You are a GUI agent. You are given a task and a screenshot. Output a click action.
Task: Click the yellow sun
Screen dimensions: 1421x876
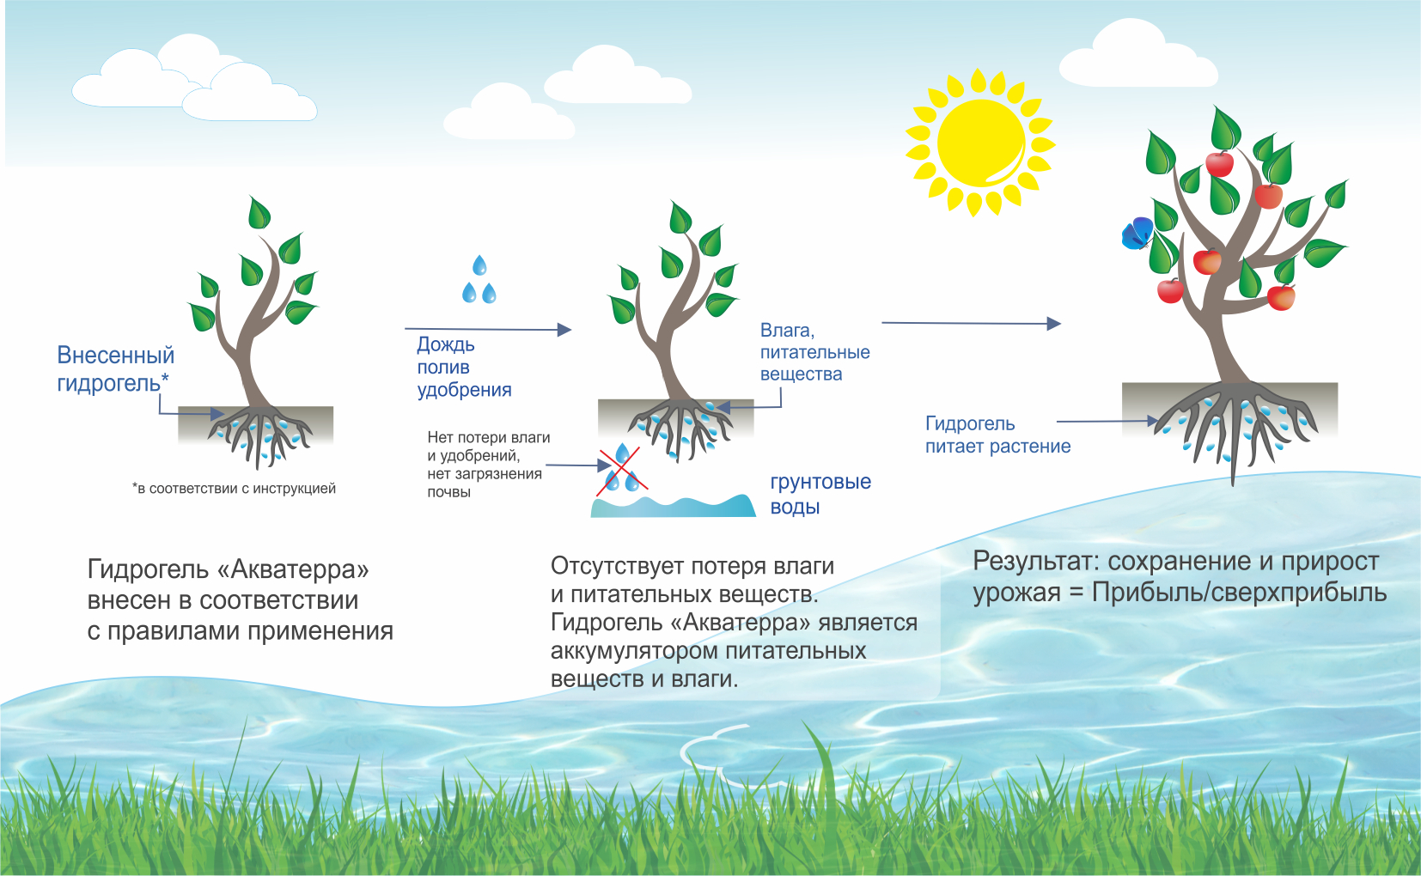click(980, 142)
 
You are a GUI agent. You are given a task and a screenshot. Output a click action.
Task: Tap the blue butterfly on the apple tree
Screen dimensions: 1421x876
click(1137, 234)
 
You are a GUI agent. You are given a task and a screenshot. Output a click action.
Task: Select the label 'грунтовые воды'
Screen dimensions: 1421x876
click(820, 494)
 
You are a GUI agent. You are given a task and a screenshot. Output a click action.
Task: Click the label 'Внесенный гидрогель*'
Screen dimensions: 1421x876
click(115, 368)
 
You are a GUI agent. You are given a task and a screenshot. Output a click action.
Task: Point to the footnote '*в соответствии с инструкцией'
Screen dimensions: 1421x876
click(234, 489)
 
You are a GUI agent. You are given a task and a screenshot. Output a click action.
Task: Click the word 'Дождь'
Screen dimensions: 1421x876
click(445, 344)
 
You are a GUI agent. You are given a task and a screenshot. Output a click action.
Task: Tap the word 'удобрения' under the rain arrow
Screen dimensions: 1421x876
click(464, 389)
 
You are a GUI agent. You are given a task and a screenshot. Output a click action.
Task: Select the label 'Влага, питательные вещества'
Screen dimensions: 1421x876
click(814, 352)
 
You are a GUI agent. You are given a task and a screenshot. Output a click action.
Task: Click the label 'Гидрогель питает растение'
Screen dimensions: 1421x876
click(997, 435)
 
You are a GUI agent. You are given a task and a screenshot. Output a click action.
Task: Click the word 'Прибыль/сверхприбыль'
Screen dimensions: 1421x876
click(1239, 593)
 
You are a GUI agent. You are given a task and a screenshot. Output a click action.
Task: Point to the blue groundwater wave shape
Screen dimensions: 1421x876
click(673, 506)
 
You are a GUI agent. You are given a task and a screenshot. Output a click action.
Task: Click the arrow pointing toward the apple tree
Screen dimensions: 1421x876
click(971, 323)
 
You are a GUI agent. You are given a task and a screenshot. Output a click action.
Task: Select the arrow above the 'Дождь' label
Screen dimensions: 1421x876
click(488, 329)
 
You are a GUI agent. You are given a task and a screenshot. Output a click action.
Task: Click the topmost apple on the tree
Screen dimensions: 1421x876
click(1219, 164)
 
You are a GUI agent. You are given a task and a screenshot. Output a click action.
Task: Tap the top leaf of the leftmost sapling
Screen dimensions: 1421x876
click(259, 212)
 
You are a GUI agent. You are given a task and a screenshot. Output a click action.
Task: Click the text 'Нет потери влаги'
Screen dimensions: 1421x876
click(489, 437)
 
